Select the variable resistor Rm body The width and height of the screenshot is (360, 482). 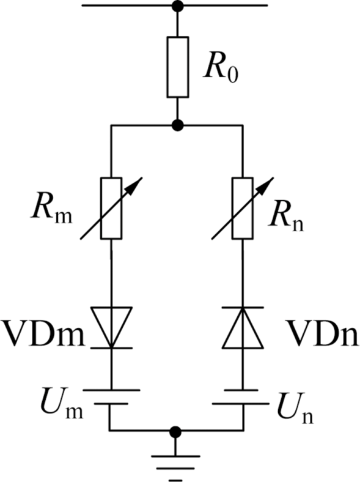point(111,208)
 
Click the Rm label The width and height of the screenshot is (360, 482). point(51,212)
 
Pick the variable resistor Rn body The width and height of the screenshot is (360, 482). point(243,208)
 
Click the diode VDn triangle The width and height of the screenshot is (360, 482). point(243,327)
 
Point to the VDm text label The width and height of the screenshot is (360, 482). point(43,333)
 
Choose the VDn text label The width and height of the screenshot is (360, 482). point(323,333)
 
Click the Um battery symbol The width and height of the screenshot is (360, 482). point(111,397)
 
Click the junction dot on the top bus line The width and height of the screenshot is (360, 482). point(177,6)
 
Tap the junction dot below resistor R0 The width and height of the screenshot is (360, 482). point(177,125)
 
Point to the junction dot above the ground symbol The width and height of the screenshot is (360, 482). point(175,432)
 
